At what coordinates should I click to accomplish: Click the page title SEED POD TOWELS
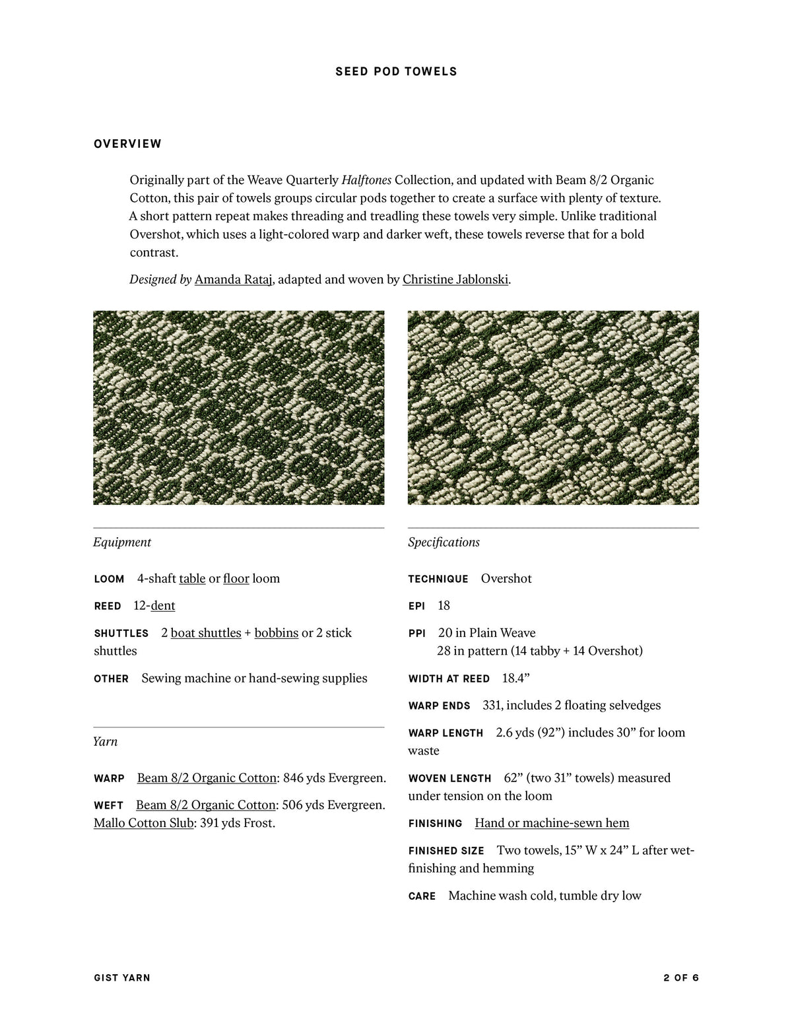point(396,71)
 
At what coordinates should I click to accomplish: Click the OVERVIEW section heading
point(127,144)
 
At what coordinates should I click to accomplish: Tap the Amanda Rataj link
point(233,279)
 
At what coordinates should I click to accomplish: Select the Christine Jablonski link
point(455,279)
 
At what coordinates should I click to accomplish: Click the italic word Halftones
point(366,180)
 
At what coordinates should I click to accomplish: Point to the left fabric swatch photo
point(238,407)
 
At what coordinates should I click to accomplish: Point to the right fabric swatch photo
point(553,407)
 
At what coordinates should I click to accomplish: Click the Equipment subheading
point(122,542)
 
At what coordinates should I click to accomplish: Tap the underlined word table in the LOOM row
point(192,578)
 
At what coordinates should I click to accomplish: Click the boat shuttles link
point(206,632)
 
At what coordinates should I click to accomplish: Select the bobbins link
point(276,632)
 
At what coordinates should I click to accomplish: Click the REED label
point(108,606)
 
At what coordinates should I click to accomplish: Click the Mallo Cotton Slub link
point(143,822)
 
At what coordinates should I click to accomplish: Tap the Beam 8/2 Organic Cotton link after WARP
point(207,777)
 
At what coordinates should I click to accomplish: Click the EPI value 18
point(444,605)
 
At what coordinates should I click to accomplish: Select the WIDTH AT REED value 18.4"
point(515,678)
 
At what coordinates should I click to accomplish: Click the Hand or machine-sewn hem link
point(552,822)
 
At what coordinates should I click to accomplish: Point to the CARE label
point(422,896)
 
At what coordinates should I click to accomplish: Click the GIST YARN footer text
point(122,977)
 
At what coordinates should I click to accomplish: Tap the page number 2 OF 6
point(681,977)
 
